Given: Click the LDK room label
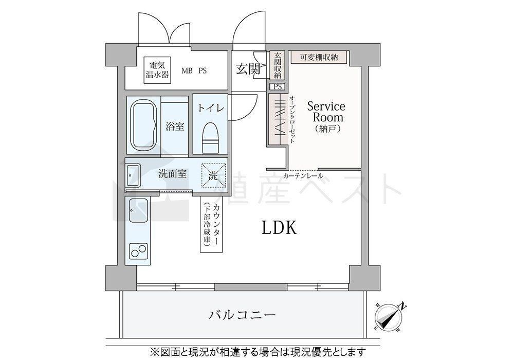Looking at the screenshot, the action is coord(279,227).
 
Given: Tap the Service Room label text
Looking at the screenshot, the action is coord(326,112).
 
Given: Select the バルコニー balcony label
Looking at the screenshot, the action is coord(243,315).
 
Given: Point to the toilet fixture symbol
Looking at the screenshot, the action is coord(210,138).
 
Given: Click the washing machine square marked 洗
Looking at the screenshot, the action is coord(213,175).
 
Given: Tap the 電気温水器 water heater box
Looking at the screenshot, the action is coord(157,70).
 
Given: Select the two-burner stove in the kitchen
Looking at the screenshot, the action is coord(138,251).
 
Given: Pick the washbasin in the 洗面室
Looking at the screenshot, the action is coord(133,176).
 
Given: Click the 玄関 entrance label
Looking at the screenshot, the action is coord(248,68).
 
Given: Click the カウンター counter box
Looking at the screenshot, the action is coord(212,224).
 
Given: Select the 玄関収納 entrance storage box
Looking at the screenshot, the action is coord(278,66).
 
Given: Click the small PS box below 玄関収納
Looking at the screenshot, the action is coord(278,87).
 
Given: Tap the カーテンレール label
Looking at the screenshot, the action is coord(303,176).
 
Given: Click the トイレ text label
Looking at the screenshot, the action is coord(211,108).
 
